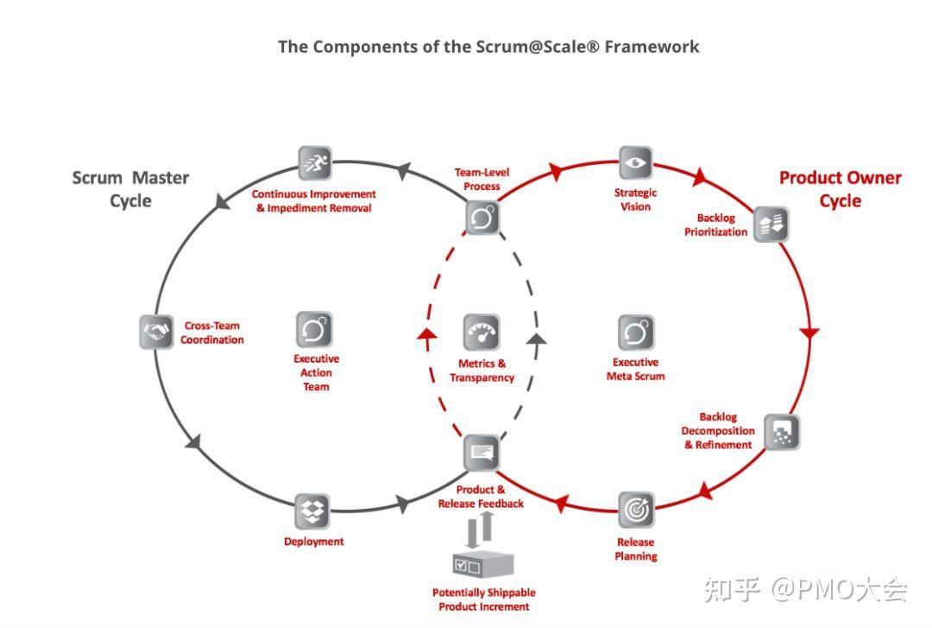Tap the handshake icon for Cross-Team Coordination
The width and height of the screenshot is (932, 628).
point(156,332)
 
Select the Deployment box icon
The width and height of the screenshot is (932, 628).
point(312,511)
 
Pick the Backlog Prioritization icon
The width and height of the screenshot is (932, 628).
point(771,225)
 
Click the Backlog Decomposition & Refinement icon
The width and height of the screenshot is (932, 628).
point(782,432)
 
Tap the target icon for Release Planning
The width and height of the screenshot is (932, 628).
point(636,511)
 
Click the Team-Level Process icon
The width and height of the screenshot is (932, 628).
point(482,218)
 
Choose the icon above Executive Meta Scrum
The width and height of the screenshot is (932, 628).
point(636,333)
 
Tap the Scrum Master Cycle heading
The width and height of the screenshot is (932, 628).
point(130,189)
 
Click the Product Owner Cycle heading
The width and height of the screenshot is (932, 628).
point(840,189)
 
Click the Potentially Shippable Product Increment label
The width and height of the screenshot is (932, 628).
point(483,599)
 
